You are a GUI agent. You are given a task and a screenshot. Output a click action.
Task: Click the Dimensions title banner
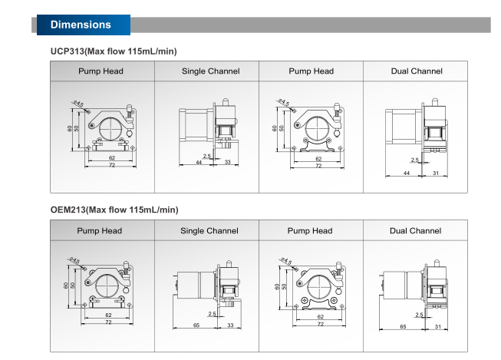(84, 25)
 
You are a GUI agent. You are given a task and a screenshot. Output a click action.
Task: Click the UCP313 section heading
(114, 51)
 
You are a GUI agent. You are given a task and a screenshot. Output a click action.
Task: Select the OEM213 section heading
(114, 210)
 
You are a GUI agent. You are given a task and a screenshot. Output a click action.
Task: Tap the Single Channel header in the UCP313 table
(210, 71)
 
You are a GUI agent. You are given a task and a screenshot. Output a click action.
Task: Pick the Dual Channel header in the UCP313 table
(417, 71)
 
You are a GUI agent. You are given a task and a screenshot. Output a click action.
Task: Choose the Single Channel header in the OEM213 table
(209, 230)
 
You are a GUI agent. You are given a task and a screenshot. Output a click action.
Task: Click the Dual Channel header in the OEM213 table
(415, 230)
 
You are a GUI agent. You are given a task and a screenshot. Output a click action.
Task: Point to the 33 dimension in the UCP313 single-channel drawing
(228, 162)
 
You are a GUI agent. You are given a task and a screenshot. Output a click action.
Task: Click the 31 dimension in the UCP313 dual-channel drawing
(436, 173)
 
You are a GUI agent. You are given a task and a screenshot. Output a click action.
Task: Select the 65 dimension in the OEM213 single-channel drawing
(196, 325)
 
